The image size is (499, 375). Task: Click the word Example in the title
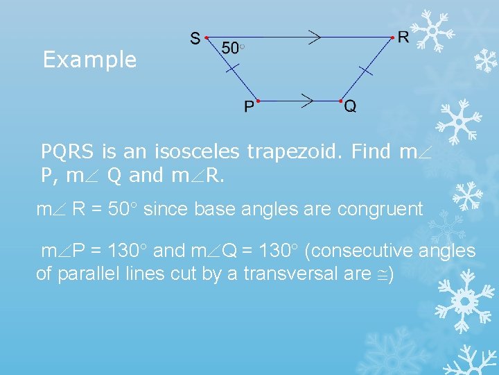[89, 60]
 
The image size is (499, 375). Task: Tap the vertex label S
[195, 38]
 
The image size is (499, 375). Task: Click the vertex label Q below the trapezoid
[351, 106]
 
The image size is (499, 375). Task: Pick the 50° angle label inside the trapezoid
[233, 47]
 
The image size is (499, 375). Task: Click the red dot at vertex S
[207, 37]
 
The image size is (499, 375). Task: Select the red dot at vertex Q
[340, 101]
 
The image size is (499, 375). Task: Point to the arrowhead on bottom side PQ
[307, 101]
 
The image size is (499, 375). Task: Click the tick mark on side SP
[233, 69]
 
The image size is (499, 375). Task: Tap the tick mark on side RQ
[367, 69]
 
